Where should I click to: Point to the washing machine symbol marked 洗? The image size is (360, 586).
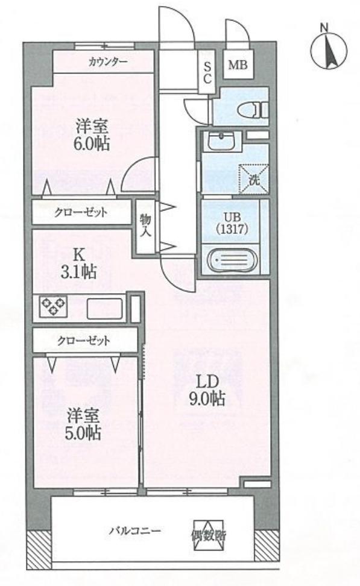(253, 179)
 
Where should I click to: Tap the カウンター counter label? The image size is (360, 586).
(107, 61)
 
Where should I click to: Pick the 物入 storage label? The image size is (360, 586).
(145, 226)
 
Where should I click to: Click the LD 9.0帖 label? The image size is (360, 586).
(205, 389)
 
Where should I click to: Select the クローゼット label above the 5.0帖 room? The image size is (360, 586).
(84, 341)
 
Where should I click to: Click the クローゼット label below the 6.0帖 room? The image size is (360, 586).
(81, 212)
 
